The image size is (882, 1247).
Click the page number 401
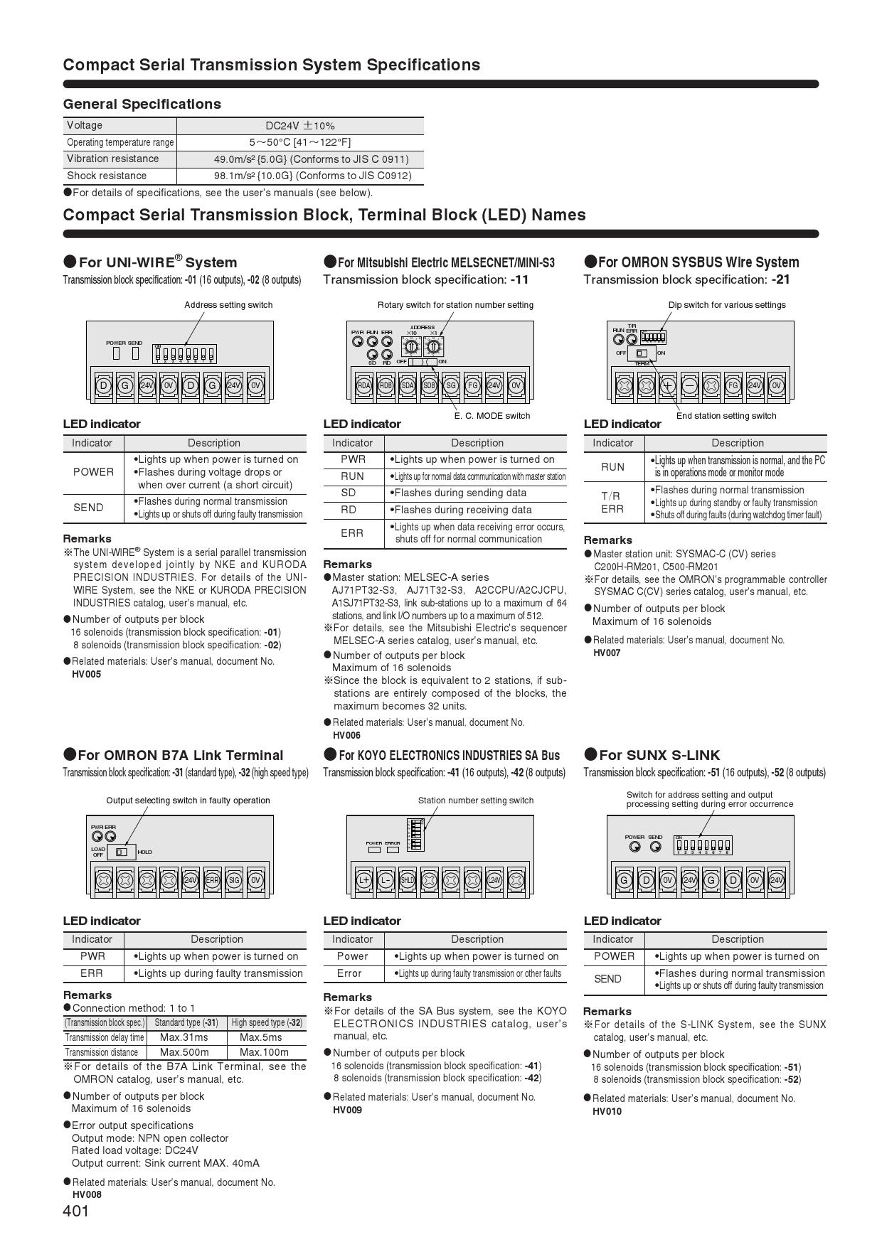(x=76, y=1211)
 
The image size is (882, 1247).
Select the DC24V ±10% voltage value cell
(x=299, y=126)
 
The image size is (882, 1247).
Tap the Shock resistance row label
(x=107, y=176)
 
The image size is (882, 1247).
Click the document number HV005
(x=87, y=674)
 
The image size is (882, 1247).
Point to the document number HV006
(x=346, y=735)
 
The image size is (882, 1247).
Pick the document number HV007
(x=607, y=653)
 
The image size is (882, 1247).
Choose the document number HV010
(x=607, y=1111)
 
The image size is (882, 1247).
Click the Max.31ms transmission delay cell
(x=184, y=1037)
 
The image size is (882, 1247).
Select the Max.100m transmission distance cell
(x=265, y=1052)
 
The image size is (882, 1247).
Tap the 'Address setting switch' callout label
(x=228, y=305)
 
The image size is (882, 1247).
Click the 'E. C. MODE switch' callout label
(x=492, y=416)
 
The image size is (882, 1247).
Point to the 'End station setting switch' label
(x=726, y=416)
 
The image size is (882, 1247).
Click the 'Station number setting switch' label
(x=476, y=801)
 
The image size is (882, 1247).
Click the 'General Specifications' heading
(x=142, y=104)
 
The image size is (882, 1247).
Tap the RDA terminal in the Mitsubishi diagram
(x=364, y=386)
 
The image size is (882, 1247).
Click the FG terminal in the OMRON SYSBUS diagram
(x=733, y=386)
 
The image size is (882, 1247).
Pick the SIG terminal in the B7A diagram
(x=234, y=880)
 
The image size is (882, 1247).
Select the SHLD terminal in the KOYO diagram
(x=408, y=880)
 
